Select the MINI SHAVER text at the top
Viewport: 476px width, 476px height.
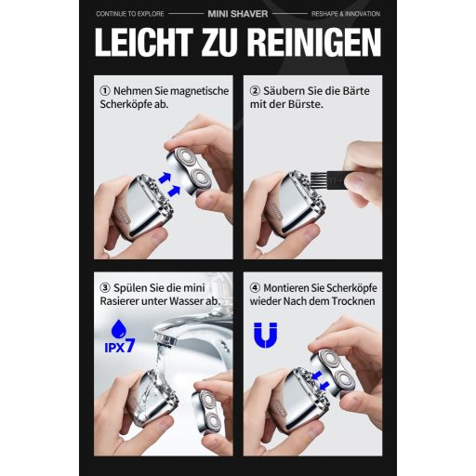pyautogui.click(x=238, y=14)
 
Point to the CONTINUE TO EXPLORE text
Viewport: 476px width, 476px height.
pyautogui.click(x=130, y=14)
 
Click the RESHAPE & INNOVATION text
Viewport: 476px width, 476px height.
pyautogui.click(x=346, y=14)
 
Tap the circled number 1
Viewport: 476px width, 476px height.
pyautogui.click(x=105, y=91)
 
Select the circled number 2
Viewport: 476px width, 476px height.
pyautogui.click(x=255, y=91)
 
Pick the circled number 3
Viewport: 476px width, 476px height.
pyautogui.click(x=105, y=288)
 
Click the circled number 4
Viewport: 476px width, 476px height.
pyautogui.click(x=255, y=288)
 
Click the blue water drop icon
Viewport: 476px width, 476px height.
pyautogui.click(x=119, y=329)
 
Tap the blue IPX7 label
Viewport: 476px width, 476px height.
pyautogui.click(x=120, y=346)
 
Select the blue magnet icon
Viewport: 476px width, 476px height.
pyautogui.click(x=266, y=335)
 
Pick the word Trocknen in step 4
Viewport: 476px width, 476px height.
pyautogui.click(x=353, y=301)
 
